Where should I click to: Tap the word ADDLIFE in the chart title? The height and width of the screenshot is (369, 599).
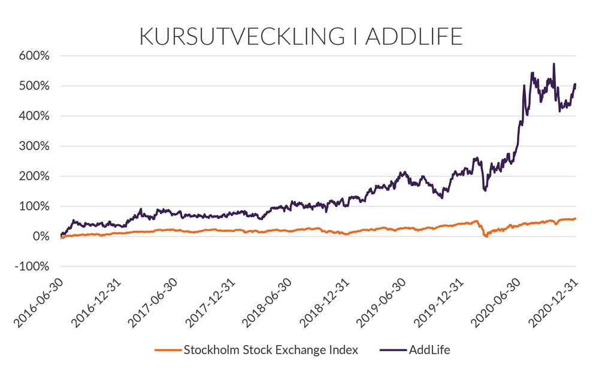(x=414, y=36)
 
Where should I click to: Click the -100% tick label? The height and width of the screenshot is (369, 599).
(x=33, y=267)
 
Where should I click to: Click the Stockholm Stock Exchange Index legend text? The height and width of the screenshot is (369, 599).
(x=270, y=350)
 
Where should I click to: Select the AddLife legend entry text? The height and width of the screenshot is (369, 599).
(x=428, y=350)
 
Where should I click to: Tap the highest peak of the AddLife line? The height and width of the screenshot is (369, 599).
(x=553, y=64)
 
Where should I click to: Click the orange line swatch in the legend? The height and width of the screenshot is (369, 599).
(x=168, y=350)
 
